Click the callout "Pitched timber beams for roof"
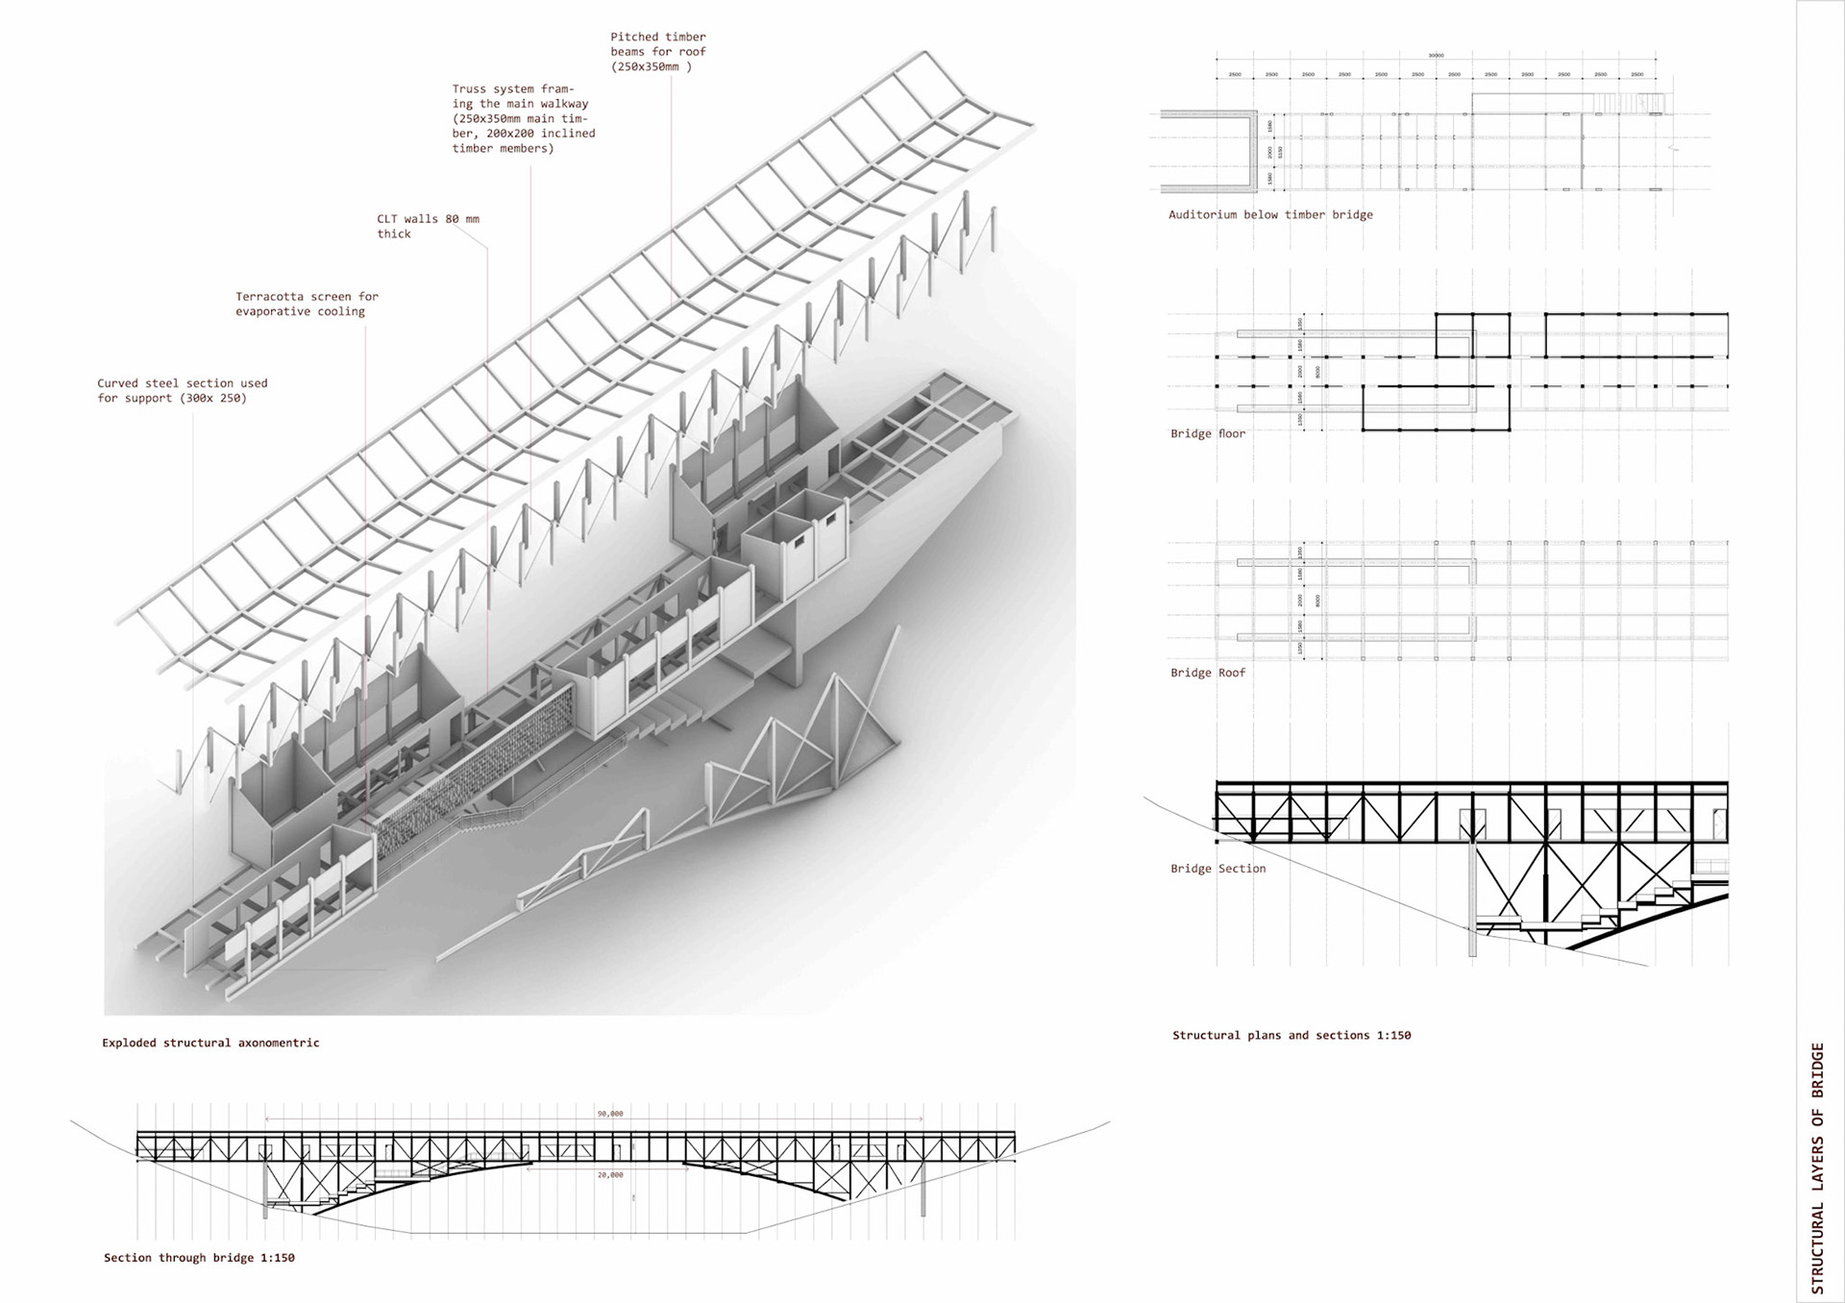[658, 52]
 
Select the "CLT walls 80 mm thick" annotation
[428, 226]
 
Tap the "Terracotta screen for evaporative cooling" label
[307, 304]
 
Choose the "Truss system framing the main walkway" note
[523, 118]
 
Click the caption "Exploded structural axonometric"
[210, 1043]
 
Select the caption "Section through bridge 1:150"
[199, 1258]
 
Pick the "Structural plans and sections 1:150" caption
[1291, 1035]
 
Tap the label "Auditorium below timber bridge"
[1270, 214]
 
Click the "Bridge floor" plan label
[1207, 433]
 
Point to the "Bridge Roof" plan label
[1207, 673]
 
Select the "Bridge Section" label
[1218, 869]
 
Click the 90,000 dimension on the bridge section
[610, 1114]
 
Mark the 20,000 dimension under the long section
[610, 1174]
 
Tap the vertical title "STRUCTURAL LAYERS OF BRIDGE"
[1816, 1168]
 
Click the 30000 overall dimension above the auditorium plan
[1436, 56]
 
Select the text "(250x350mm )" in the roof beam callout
[651, 67]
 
